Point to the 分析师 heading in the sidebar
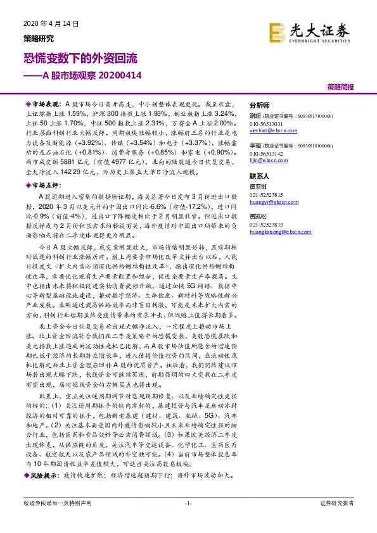(x=260, y=106)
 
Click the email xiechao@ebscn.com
(x=272, y=131)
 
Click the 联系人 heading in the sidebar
(x=260, y=177)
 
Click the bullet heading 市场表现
(x=45, y=101)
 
